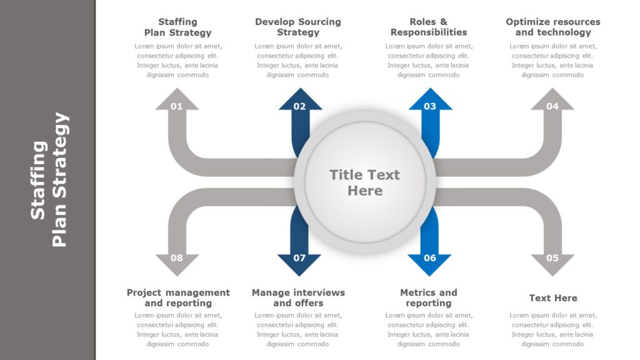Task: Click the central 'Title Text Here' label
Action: pos(364,182)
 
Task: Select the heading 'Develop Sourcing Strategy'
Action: pos(298,27)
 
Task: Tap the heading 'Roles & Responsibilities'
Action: pos(429,27)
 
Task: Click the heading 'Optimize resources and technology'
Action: pos(553,27)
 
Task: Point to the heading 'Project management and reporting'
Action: pos(178,297)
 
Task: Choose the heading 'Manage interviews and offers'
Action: pos(298,297)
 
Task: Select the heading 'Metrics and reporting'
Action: pos(429,297)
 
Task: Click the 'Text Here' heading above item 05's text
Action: pos(553,298)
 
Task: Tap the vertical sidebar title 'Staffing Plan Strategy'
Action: pos(49,180)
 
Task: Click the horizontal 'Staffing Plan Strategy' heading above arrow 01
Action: pos(178,27)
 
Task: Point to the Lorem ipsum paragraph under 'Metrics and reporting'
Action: pos(429,329)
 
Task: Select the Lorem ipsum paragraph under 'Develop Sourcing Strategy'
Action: pos(298,60)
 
